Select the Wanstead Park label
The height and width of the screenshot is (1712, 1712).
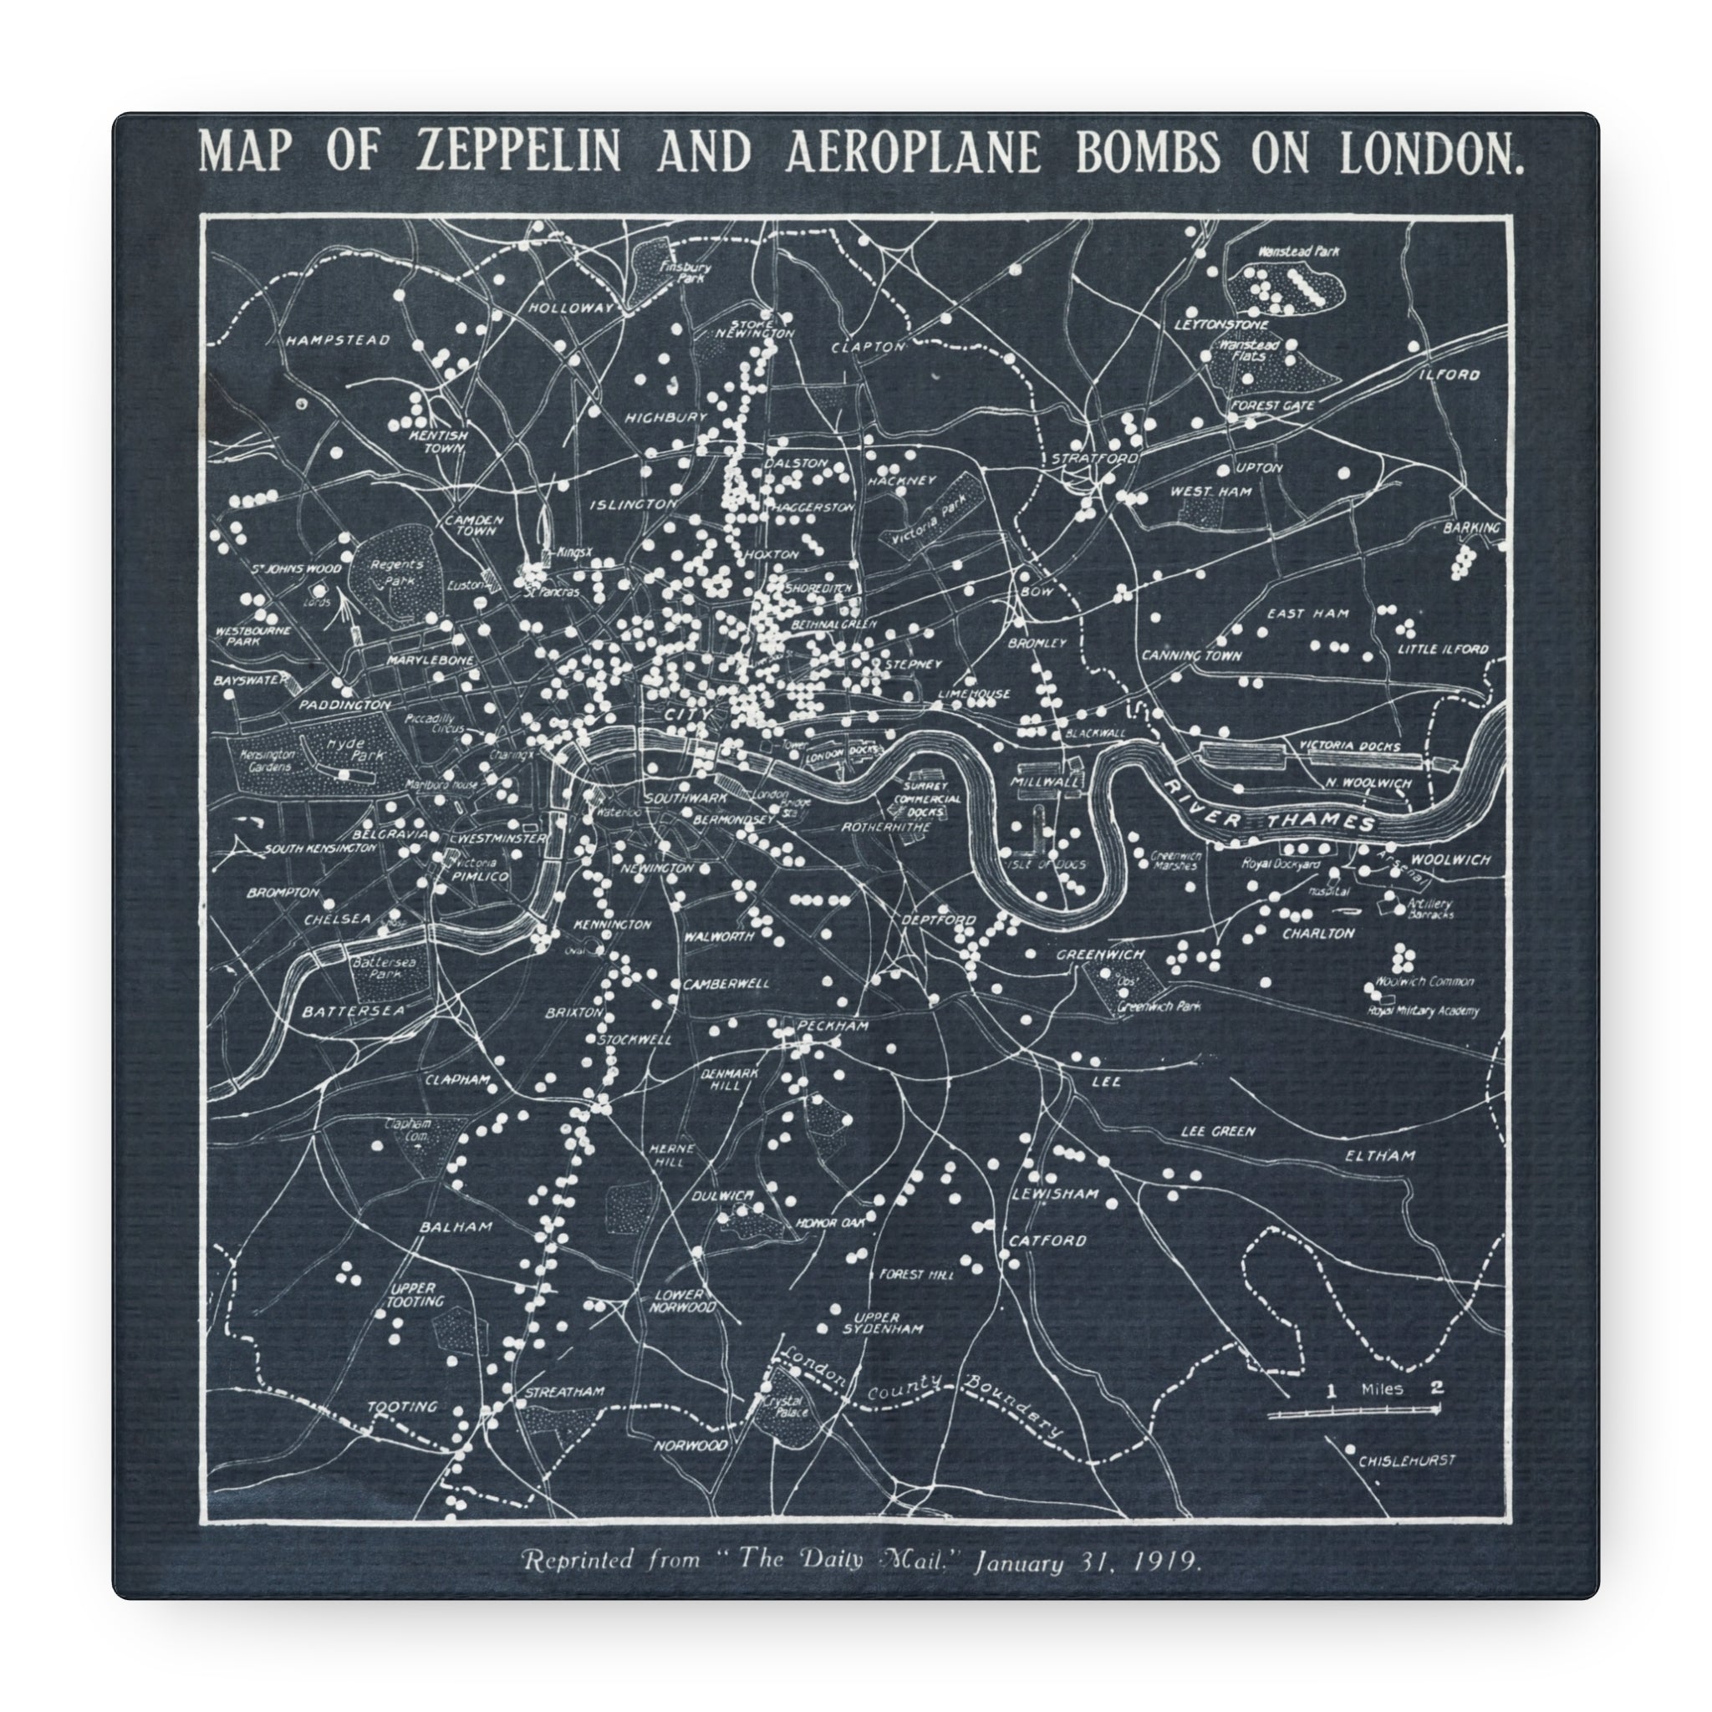click(x=1298, y=252)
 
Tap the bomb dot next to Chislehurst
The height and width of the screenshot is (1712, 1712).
click(x=1349, y=1449)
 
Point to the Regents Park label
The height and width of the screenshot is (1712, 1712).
click(x=396, y=573)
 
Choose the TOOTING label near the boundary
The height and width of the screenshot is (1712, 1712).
click(x=402, y=1406)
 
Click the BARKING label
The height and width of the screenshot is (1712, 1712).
click(x=1472, y=528)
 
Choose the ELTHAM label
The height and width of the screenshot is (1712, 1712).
click(x=1379, y=1155)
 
